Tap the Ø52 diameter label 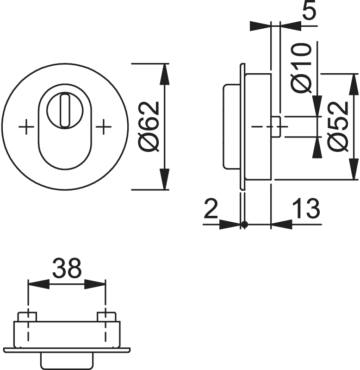point(338,127)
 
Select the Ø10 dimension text point(301,68)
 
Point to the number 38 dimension point(67,268)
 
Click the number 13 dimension point(306,208)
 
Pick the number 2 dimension point(211,208)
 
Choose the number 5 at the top point(309,10)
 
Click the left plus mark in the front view point(26,127)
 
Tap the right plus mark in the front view point(104,127)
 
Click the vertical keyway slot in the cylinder point(65,110)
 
